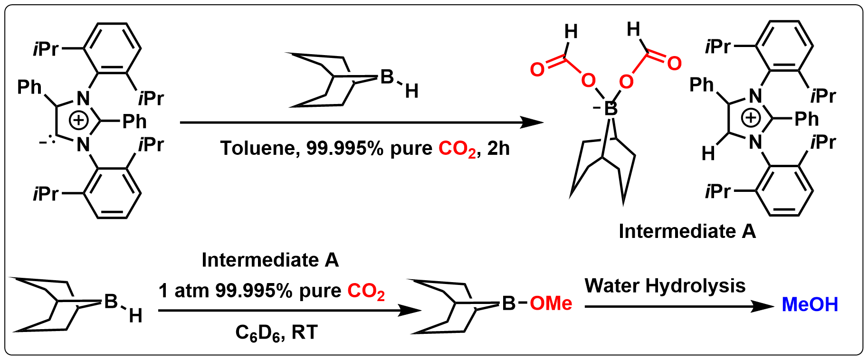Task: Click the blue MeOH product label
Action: pyautogui.click(x=810, y=304)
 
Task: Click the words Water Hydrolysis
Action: pyautogui.click(x=665, y=286)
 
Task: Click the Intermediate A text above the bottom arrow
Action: pyautogui.click(x=270, y=261)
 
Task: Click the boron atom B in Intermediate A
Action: pyautogui.click(x=612, y=110)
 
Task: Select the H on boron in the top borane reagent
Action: pyautogui.click(x=411, y=91)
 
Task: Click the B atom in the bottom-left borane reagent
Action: pyautogui.click(x=110, y=301)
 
